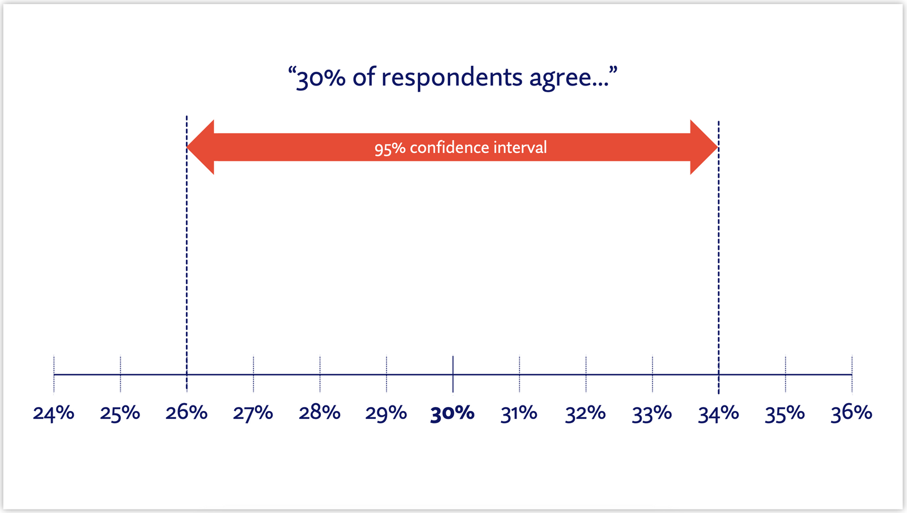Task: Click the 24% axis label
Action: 53,413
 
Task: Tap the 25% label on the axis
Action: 120,413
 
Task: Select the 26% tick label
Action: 187,413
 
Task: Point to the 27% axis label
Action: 253,413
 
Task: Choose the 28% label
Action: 320,413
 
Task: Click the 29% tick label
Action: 386,413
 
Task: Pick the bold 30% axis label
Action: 452,413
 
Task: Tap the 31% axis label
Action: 519,413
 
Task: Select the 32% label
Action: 586,413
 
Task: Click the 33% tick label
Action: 652,413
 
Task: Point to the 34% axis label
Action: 718,413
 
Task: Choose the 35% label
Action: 785,413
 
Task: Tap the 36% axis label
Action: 851,413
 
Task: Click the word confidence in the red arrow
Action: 449,148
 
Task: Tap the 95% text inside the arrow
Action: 390,148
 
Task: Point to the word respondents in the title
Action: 452,78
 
